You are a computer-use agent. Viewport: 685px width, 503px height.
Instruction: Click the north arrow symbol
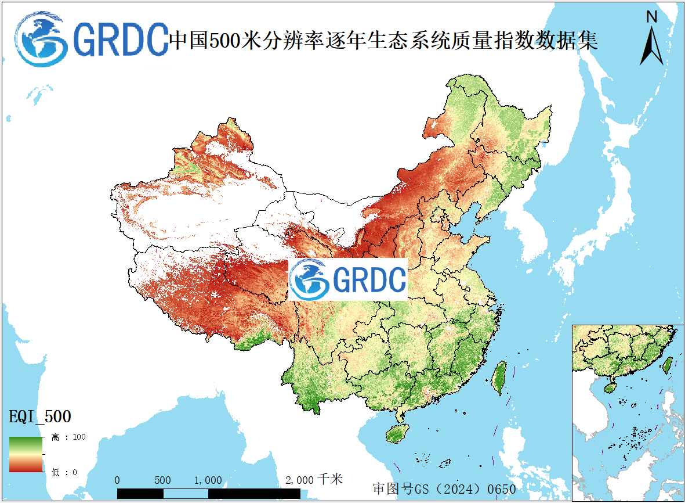pyautogui.click(x=652, y=46)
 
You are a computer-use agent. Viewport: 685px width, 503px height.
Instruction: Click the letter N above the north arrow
pyautogui.click(x=652, y=17)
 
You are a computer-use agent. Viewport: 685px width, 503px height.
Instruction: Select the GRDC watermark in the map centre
pyautogui.click(x=348, y=280)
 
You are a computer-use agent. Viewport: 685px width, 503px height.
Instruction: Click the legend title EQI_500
pyautogui.click(x=40, y=416)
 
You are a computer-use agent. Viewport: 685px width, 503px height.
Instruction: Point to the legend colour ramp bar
pyautogui.click(x=26, y=454)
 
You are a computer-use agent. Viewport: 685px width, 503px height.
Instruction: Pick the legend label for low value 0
pyautogui.click(x=64, y=472)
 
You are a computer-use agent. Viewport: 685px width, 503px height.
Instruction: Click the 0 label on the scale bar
pyautogui.click(x=117, y=480)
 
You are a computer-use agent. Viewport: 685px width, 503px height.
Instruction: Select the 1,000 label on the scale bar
pyautogui.click(x=208, y=480)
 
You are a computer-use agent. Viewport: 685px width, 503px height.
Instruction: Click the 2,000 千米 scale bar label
pyautogui.click(x=314, y=480)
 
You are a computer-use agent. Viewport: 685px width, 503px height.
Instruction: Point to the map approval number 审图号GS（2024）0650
pyautogui.click(x=444, y=489)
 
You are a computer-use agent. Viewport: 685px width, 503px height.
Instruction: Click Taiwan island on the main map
pyautogui.click(x=498, y=378)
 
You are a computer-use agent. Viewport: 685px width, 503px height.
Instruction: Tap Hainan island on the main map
pyautogui.click(x=398, y=433)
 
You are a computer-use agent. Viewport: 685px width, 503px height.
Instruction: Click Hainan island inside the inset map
pyautogui.click(x=611, y=387)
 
